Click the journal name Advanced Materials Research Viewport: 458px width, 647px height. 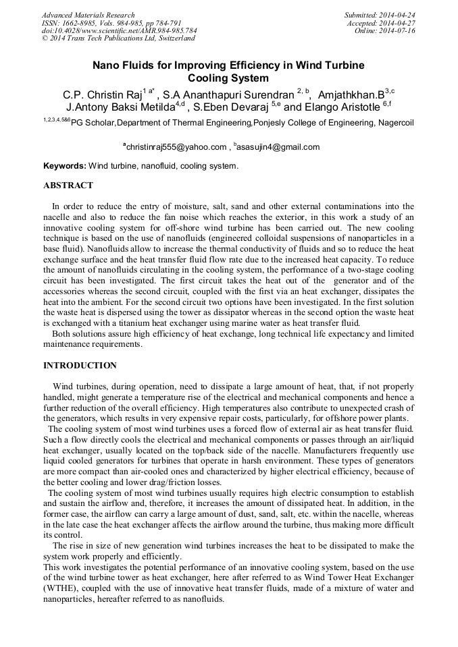(x=88, y=15)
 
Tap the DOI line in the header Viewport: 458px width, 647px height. (x=119, y=31)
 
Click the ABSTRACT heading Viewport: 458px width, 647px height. (x=68, y=186)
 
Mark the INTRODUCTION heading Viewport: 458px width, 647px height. (x=80, y=366)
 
